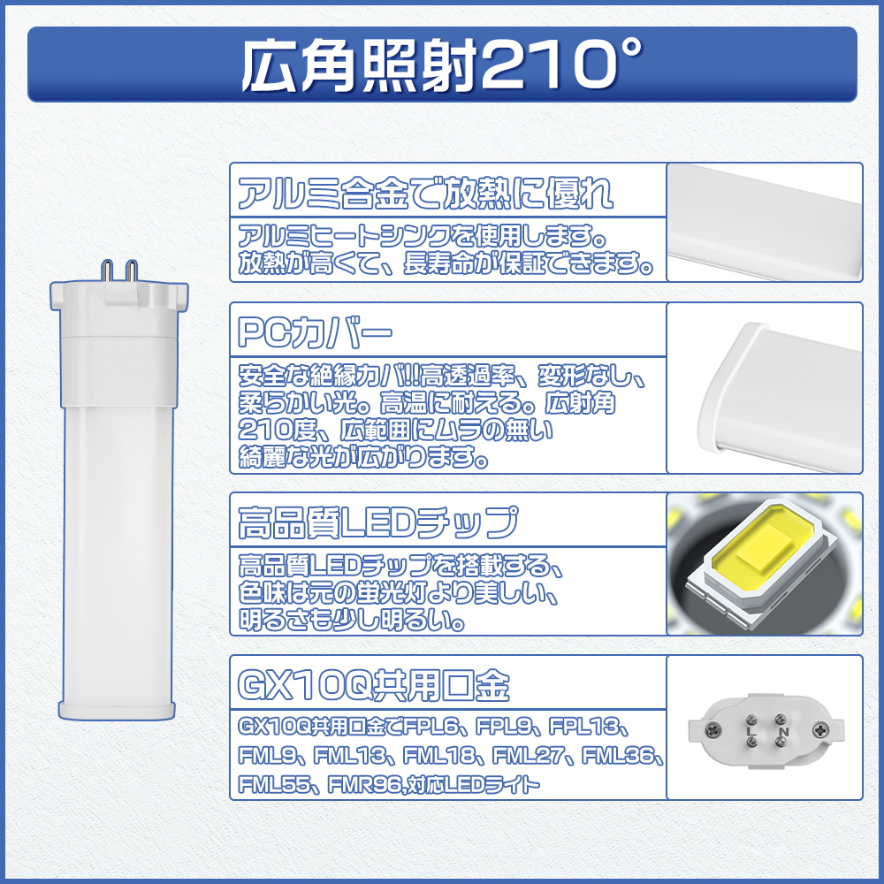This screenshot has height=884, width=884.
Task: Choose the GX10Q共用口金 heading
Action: pos(373,684)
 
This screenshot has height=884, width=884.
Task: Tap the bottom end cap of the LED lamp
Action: pos(121,705)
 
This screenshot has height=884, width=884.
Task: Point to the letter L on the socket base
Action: pos(750,733)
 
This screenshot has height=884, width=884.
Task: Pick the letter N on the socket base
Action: pos(782,733)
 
